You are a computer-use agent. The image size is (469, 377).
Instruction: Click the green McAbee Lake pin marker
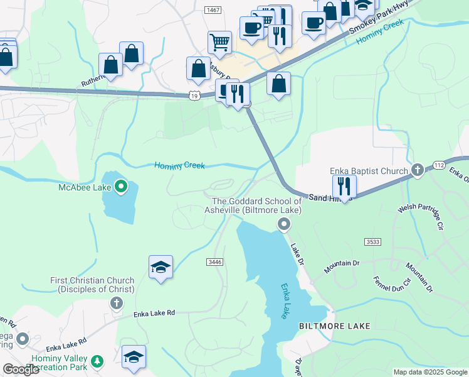click(x=121, y=187)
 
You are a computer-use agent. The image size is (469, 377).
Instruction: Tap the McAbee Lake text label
click(x=85, y=187)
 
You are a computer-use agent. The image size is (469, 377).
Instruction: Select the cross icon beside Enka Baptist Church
click(x=418, y=170)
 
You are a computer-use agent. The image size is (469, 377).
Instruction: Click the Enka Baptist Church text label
click(x=370, y=171)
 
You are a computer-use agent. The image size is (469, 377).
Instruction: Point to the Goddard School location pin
click(x=284, y=224)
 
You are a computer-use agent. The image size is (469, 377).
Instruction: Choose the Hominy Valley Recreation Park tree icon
click(x=97, y=361)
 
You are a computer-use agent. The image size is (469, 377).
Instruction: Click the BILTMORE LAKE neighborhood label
click(x=334, y=326)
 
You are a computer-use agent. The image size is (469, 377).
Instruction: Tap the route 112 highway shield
click(x=438, y=165)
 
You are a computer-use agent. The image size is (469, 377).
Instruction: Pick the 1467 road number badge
click(x=213, y=9)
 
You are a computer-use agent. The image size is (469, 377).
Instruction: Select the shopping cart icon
click(x=219, y=43)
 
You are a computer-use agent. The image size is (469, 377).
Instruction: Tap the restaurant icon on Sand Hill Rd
click(x=344, y=186)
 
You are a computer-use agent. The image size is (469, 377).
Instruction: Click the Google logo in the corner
click(x=21, y=369)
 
